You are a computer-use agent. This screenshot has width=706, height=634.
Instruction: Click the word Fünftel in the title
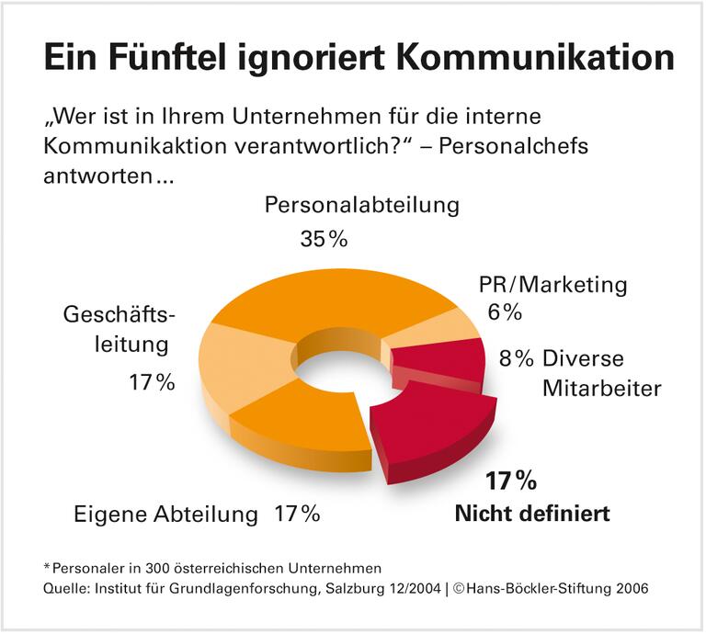[181, 57]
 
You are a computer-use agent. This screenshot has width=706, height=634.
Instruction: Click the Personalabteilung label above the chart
[361, 204]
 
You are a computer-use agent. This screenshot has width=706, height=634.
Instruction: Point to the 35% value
[324, 239]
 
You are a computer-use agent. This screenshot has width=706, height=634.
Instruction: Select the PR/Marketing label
[553, 285]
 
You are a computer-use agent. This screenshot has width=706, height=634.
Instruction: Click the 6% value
[505, 312]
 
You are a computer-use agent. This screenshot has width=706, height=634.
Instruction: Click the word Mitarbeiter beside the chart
[601, 388]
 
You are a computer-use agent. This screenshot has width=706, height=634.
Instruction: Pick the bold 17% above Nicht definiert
[511, 480]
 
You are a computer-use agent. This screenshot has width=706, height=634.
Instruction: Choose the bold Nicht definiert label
[532, 513]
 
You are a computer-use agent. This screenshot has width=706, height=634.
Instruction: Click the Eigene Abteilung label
[166, 514]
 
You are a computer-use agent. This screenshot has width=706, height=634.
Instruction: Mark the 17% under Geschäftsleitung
[152, 382]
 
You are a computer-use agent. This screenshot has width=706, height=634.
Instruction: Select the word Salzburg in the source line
[348, 589]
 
